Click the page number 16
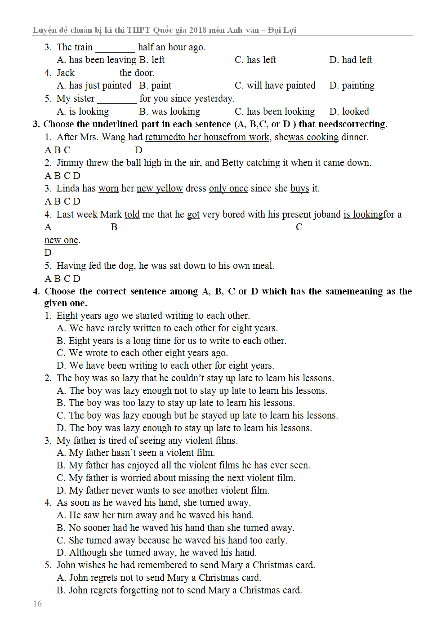pyautogui.click(x=37, y=603)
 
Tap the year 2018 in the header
pyautogui.click(x=198, y=30)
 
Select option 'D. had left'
pyautogui.click(x=351, y=60)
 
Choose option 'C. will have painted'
pyautogui.click(x=275, y=85)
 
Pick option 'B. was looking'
pyautogui.click(x=169, y=111)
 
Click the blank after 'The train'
pyautogui.click(x=115, y=48)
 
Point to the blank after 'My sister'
pyautogui.click(x=117, y=99)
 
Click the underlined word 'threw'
pyautogui.click(x=97, y=163)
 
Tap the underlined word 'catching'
pyautogui.click(x=263, y=163)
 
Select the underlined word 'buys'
pyautogui.click(x=299, y=188)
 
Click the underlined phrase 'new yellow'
pyautogui.click(x=160, y=188)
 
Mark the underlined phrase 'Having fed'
pyautogui.click(x=79, y=266)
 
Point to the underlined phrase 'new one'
pyautogui.click(x=61, y=240)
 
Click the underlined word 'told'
pyautogui.click(x=132, y=214)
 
